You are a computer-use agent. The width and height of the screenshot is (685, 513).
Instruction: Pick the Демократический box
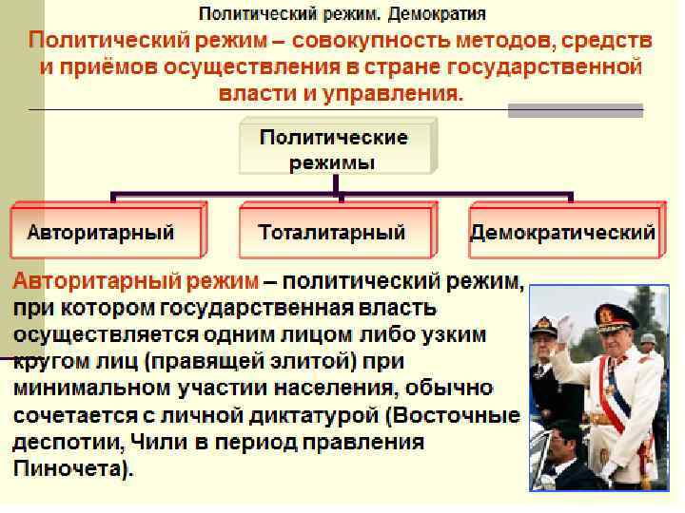click(x=563, y=232)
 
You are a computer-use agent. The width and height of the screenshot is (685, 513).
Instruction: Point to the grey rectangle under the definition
click(x=575, y=111)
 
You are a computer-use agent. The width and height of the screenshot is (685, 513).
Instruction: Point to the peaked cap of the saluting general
click(x=615, y=314)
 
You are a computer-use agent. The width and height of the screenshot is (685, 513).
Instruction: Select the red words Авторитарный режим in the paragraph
click(x=135, y=282)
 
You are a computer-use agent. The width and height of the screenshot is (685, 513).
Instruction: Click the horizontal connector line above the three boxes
click(x=342, y=195)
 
